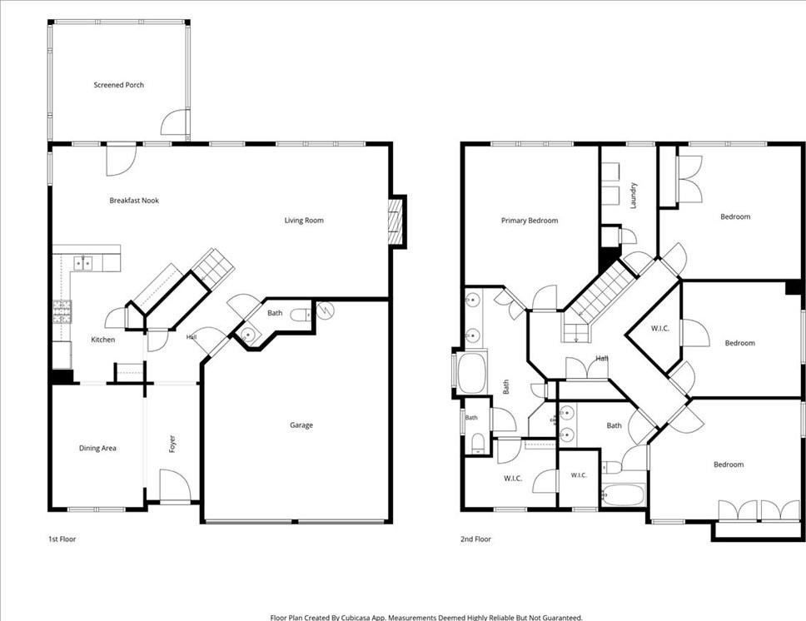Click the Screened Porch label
pyautogui.click(x=119, y=85)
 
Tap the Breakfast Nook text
pyautogui.click(x=134, y=201)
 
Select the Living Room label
pyautogui.click(x=304, y=221)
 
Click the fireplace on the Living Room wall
pyautogui.click(x=395, y=221)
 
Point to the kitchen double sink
pyautogui.click(x=82, y=263)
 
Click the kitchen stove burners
pyautogui.click(x=62, y=311)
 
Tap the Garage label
pyautogui.click(x=301, y=425)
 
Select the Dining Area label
pyautogui.click(x=97, y=449)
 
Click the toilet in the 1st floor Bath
pyautogui.click(x=301, y=315)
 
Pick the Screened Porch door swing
pyautogui.click(x=175, y=122)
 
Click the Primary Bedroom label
pyautogui.click(x=530, y=221)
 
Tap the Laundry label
pyautogui.click(x=634, y=196)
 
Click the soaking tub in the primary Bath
pyautogui.click(x=471, y=373)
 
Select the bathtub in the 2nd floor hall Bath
pyautogui.click(x=624, y=495)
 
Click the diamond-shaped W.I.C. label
pyautogui.click(x=660, y=329)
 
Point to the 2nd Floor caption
pyautogui.click(x=475, y=539)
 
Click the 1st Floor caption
pyautogui.click(x=62, y=539)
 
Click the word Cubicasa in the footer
pyautogui.click(x=356, y=618)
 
